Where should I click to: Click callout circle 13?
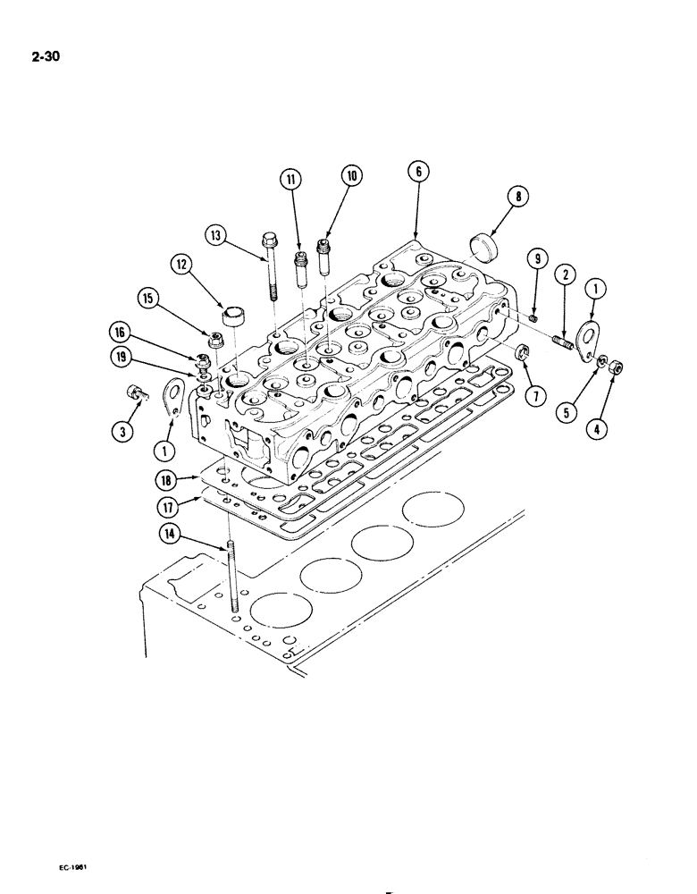click(x=216, y=235)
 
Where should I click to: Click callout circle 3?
click(x=124, y=432)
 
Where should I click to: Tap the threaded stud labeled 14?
click(x=231, y=580)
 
